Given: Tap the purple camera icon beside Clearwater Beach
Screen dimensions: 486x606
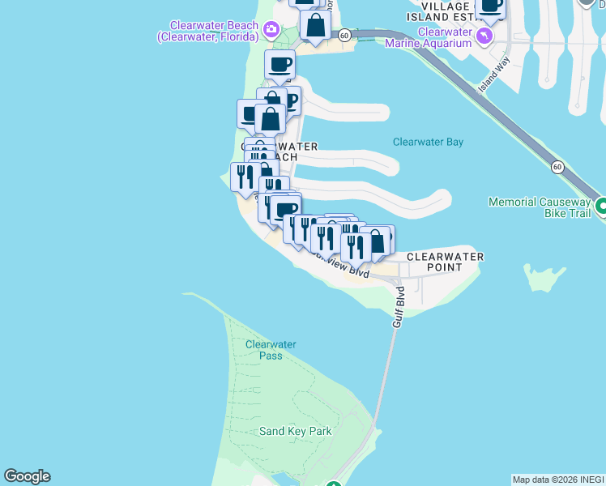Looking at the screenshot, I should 271,31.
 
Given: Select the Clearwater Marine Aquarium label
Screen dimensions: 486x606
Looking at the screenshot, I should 445,37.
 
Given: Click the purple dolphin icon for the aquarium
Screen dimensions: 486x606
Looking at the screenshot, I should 484,36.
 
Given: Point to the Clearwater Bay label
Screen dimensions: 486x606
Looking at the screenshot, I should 428,142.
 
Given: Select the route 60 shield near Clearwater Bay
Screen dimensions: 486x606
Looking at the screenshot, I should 557,167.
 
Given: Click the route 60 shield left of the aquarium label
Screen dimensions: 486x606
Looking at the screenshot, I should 344,35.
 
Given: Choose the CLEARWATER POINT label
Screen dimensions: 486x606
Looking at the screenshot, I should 445,262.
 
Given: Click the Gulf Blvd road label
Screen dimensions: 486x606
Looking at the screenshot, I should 399,307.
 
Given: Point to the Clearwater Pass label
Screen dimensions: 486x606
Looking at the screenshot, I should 271,350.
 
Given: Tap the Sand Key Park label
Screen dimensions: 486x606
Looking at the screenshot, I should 296,431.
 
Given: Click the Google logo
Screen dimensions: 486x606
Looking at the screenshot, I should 27,476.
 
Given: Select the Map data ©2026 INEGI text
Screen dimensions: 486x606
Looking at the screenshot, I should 558,480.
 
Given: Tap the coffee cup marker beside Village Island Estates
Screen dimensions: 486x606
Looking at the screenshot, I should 491,6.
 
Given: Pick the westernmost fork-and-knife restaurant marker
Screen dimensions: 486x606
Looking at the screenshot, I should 245,177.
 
